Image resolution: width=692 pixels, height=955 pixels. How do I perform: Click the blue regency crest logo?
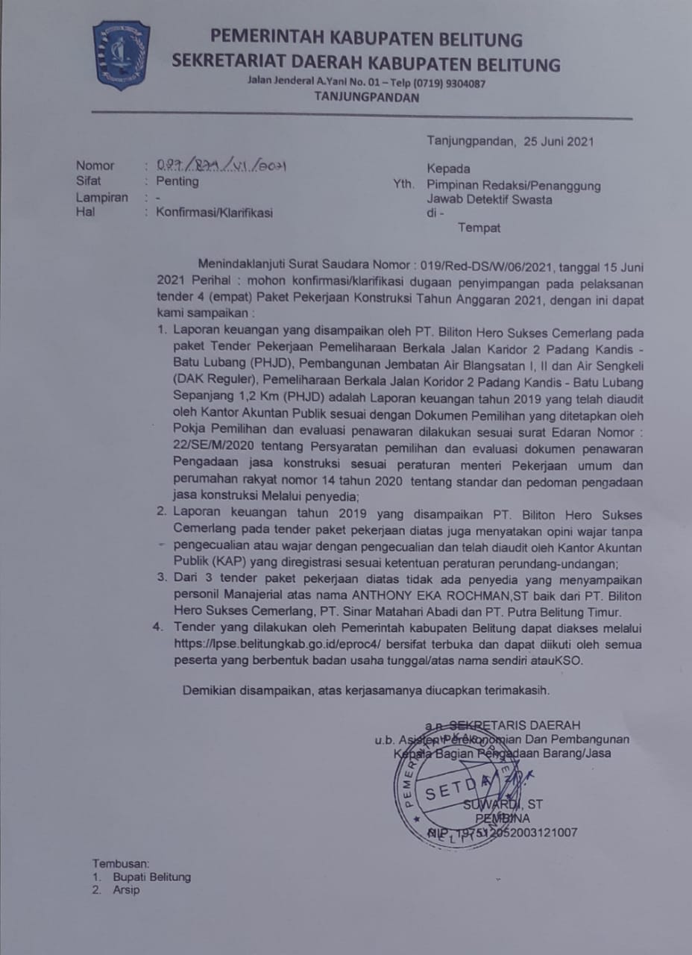121,55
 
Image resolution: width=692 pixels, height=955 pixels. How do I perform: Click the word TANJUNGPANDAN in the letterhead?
366,97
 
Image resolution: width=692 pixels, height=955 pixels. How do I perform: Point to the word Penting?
177,181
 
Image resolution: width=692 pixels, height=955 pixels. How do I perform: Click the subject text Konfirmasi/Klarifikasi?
215,213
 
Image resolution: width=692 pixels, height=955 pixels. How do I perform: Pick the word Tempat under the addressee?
479,228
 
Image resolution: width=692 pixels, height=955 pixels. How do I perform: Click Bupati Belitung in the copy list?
151,877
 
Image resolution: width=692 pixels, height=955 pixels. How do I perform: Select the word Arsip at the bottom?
126,890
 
